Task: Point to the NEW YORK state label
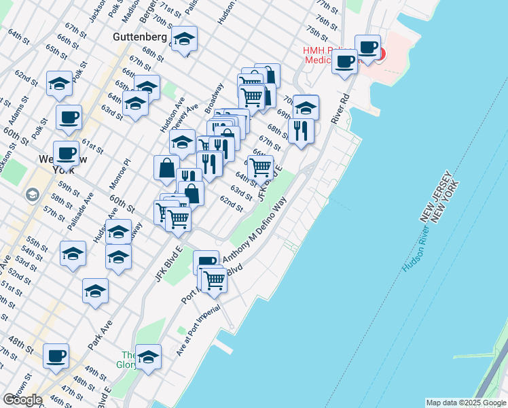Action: pyautogui.click(x=449, y=205)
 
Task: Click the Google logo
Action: pyautogui.click(x=22, y=400)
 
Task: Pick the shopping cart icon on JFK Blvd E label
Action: pyautogui.click(x=260, y=167)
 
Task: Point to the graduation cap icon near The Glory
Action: pyautogui.click(x=148, y=357)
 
